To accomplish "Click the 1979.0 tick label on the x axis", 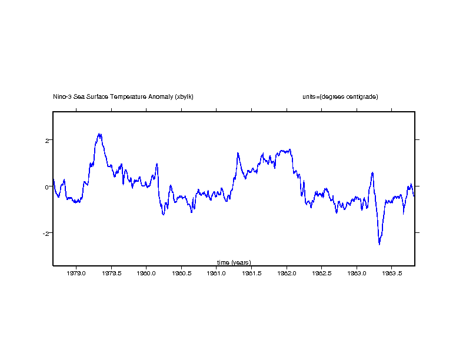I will tap(76, 273).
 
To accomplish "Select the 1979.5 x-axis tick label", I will tap(111, 273).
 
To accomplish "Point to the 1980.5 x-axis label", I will tap(181, 273).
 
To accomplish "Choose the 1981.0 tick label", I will tap(217, 273).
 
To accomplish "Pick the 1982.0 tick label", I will tap(287, 273).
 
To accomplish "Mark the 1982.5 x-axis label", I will tap(322, 273).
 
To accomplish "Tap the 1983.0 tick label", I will tap(357, 273).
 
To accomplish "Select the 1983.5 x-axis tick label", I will tap(392, 273).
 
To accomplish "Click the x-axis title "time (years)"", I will tap(234, 262).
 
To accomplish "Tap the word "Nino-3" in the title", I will tap(62, 96).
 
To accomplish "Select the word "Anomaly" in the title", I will tap(162, 96).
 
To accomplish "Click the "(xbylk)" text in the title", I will tap(184, 96).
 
